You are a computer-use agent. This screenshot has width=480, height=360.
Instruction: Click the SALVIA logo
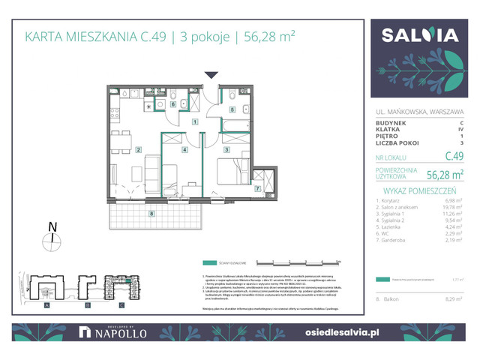[x=419, y=36]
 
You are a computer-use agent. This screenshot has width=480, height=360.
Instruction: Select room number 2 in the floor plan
[x=139, y=149]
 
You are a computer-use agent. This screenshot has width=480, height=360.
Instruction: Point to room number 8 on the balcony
[x=152, y=214]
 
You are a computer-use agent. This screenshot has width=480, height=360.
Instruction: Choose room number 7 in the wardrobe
[x=257, y=187]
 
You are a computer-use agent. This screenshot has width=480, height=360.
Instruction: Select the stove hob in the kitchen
[x=114, y=115]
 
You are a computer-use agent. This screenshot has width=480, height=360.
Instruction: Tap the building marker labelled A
[x=46, y=306]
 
